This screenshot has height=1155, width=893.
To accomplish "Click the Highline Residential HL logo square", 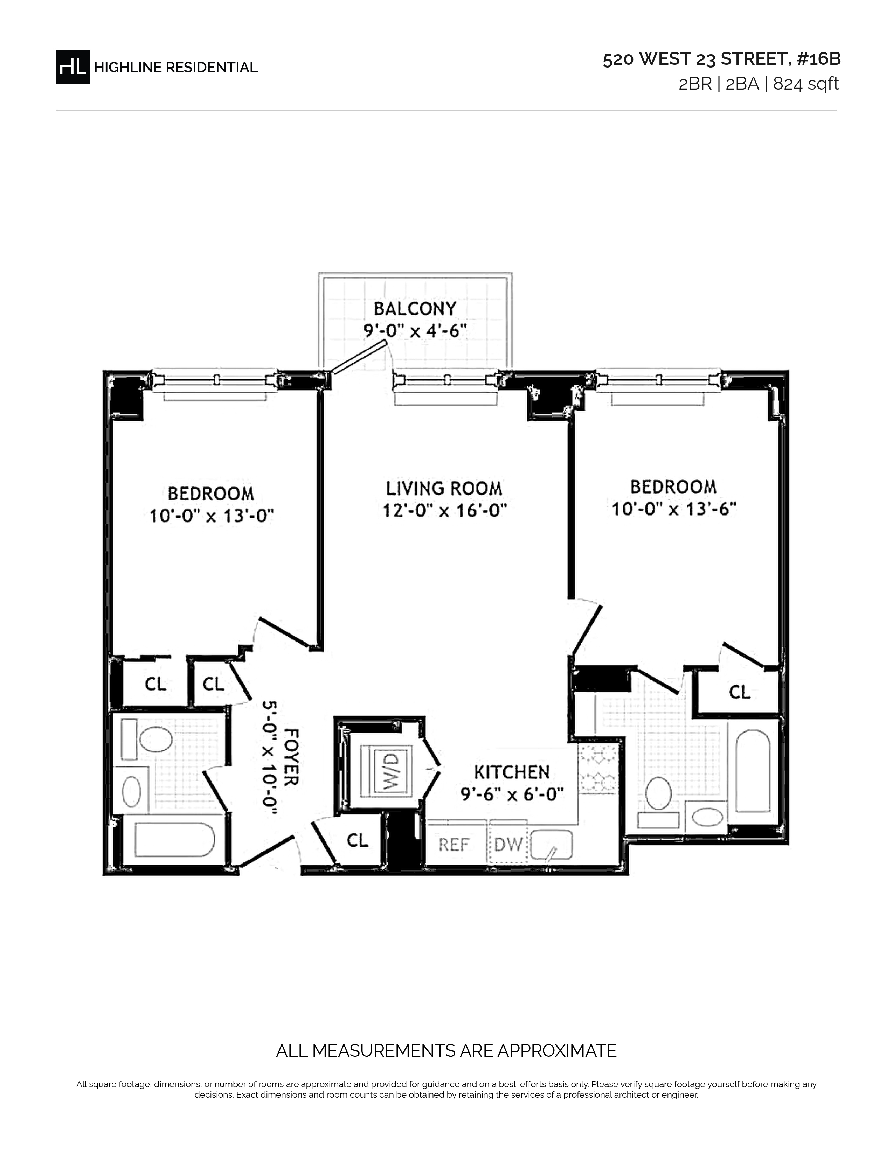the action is point(72,66).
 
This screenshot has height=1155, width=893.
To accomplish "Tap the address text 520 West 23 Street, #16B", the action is point(722,59).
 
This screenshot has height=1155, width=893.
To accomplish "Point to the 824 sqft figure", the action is point(806,84).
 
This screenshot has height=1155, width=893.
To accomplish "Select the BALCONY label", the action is point(415,308).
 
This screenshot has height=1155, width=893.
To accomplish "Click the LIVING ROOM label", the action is point(444,488).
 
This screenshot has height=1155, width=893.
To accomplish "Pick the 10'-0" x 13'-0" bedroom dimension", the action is point(211,516).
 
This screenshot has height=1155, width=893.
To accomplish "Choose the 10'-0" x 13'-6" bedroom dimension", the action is point(674,509).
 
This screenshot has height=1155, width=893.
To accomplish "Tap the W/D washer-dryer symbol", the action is point(387,771).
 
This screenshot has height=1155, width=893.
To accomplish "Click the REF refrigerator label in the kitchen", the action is point(454,845).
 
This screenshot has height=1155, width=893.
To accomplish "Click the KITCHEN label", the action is point(512,772).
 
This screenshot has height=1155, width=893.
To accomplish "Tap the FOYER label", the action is point(291,757).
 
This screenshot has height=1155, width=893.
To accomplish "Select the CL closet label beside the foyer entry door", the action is point(357,840).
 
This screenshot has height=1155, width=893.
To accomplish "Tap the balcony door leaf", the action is point(357,357).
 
